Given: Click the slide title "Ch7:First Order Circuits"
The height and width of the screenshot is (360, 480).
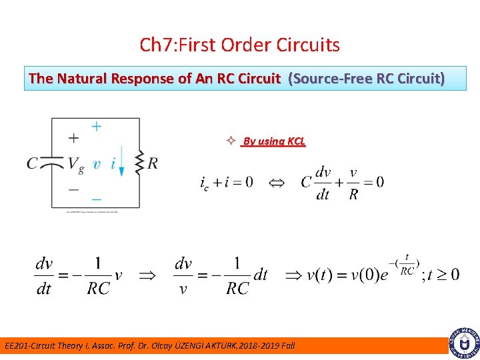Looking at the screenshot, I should tap(239, 45).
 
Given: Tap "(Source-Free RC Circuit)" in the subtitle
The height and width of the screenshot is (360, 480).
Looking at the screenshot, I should tap(366, 79).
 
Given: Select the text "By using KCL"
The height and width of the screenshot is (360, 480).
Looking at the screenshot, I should tap(274, 141).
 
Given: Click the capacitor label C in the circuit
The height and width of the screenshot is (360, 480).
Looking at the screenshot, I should tap(33, 163).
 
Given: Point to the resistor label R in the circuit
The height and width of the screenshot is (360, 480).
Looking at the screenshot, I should tap(153, 163).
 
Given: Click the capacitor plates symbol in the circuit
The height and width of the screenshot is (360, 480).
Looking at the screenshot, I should tap(52, 163).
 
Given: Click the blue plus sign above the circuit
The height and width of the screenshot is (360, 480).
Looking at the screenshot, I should tap(97, 126).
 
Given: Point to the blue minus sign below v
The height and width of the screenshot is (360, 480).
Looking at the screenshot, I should tap(97, 199).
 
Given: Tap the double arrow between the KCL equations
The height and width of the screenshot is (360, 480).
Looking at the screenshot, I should tap(276, 182).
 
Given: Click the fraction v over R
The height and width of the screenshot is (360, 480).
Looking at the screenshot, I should tap(353, 183).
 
